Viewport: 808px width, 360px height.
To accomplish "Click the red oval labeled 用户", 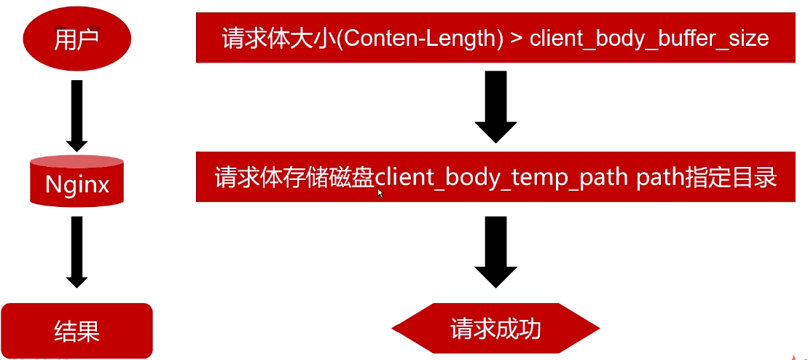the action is pos(77,39).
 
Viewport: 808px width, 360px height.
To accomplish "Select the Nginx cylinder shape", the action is pos(77,181).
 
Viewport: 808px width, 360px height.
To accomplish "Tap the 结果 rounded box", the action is pos(77,332).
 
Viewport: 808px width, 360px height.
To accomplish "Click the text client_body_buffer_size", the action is pos(649,38).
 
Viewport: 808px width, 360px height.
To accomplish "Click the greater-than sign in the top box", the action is pos(514,38).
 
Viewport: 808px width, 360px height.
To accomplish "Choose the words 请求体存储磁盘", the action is pos(295,178).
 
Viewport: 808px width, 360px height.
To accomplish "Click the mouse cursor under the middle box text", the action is pos(380,193).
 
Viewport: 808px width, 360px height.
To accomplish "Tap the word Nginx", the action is pos(77,184).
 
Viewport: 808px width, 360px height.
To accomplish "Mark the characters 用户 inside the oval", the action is pos(77,39).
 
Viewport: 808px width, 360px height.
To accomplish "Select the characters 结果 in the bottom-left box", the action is pos(77,332).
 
